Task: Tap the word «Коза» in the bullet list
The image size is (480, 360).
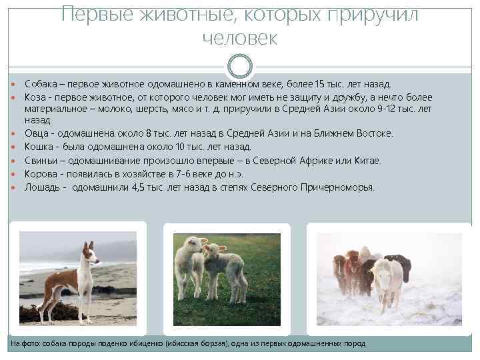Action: pyautogui.click(x=35, y=97)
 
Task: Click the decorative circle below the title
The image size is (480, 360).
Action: pyautogui.click(x=240, y=66)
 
